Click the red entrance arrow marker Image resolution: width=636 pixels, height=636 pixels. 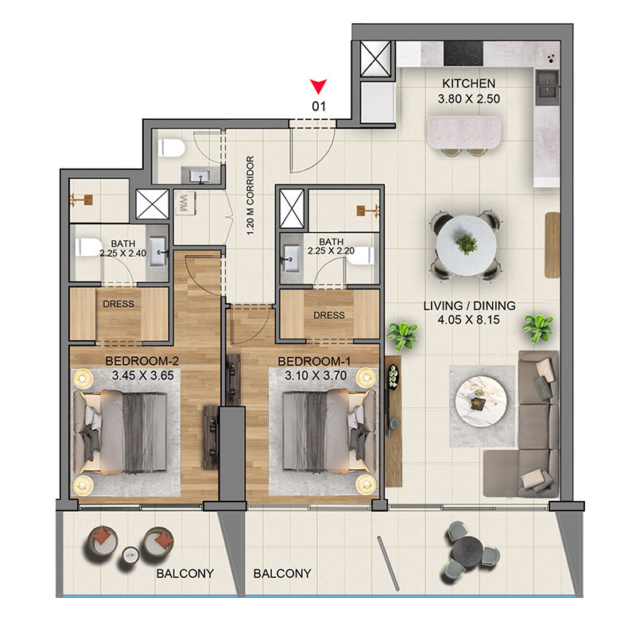(319, 86)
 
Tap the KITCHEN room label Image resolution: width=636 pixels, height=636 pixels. (468, 83)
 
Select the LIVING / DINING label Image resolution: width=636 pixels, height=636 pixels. (469, 306)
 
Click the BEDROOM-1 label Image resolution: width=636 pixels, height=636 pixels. (314, 362)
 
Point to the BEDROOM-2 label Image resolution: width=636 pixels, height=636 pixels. (142, 361)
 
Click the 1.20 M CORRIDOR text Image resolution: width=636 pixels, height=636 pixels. (250, 195)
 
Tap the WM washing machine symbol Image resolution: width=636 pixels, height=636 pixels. (184, 204)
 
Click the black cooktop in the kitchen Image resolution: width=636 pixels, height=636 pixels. (463, 53)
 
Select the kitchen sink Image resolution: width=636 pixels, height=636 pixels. (547, 84)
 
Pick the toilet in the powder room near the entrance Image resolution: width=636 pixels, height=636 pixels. (171, 148)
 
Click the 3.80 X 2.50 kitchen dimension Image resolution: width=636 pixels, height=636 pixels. (468, 99)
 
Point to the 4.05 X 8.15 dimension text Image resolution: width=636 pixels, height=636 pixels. (468, 320)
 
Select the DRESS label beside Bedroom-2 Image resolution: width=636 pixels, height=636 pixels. (118, 304)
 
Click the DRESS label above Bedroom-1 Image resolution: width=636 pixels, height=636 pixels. (329, 315)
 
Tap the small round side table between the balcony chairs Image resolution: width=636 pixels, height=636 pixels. (130, 554)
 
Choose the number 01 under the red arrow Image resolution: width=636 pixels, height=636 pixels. (319, 107)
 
